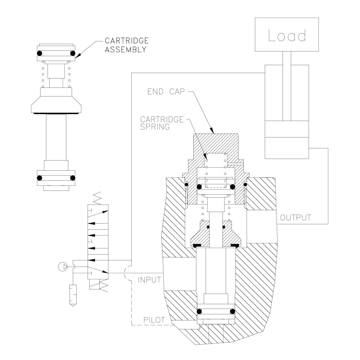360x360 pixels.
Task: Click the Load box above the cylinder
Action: (287, 35)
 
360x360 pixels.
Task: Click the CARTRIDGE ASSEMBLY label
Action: (126, 45)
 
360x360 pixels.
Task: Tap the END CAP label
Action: (166, 91)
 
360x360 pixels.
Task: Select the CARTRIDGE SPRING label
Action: (162, 123)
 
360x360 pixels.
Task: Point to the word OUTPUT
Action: (296, 218)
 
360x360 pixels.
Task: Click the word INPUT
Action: (149, 280)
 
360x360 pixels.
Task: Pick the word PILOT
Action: (154, 320)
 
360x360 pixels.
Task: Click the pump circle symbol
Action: (63, 266)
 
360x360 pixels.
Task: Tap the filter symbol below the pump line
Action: (73, 296)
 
